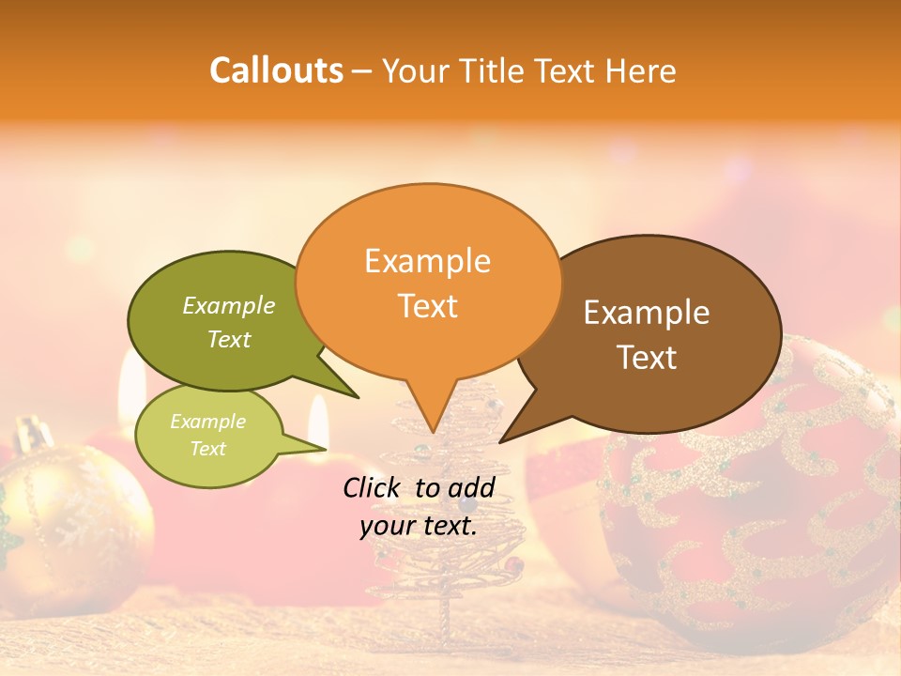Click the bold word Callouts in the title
[x=276, y=70]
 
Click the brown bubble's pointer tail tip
[x=501, y=441]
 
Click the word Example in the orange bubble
[x=427, y=261]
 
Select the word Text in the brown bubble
[x=648, y=358]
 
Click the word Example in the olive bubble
[x=229, y=306]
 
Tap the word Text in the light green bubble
[x=208, y=449]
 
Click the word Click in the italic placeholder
[x=373, y=487]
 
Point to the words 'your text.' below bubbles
[x=419, y=527]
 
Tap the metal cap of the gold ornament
[x=33, y=434]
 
